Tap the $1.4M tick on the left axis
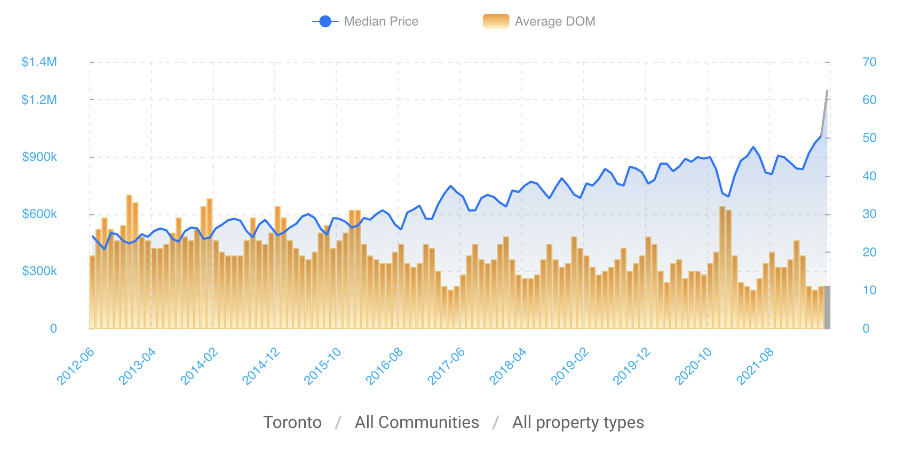(39, 62)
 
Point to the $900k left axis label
(39, 157)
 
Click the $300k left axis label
(39, 271)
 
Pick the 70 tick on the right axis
(869, 62)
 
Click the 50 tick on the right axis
(869, 138)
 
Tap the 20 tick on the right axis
(869, 252)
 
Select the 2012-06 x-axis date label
(76, 366)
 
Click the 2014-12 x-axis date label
(261, 366)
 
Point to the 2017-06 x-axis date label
(446, 366)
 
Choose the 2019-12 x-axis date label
(632, 366)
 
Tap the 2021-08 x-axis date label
(755, 366)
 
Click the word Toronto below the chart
(292, 422)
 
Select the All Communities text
(417, 422)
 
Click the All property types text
(578, 422)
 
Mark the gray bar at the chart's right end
(827, 308)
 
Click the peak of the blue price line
(827, 91)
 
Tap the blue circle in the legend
(325, 21)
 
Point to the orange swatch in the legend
(496, 21)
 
